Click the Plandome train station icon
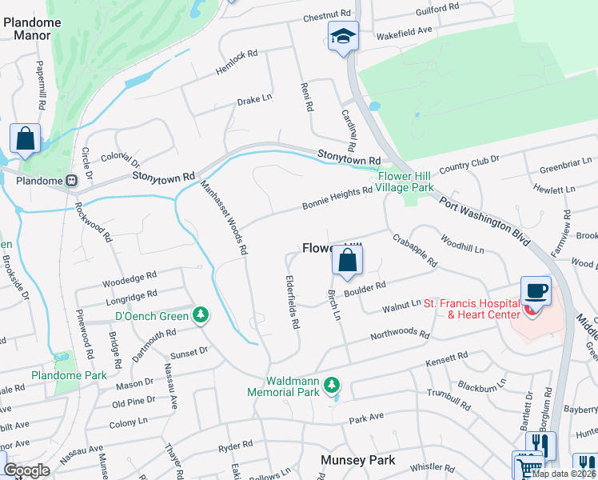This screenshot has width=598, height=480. click(x=71, y=181)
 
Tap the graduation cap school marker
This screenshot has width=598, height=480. click(x=343, y=36)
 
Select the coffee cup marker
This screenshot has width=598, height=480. click(x=535, y=291)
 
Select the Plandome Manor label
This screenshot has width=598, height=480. click(x=32, y=30)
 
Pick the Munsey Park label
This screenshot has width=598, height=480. click(x=358, y=460)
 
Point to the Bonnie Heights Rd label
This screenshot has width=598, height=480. click(x=337, y=196)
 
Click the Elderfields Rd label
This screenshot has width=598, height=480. click(x=291, y=303)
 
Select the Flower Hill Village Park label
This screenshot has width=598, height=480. click(x=406, y=182)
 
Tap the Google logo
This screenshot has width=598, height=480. click(x=27, y=470)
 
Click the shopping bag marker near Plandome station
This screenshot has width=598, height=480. click(x=25, y=139)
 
